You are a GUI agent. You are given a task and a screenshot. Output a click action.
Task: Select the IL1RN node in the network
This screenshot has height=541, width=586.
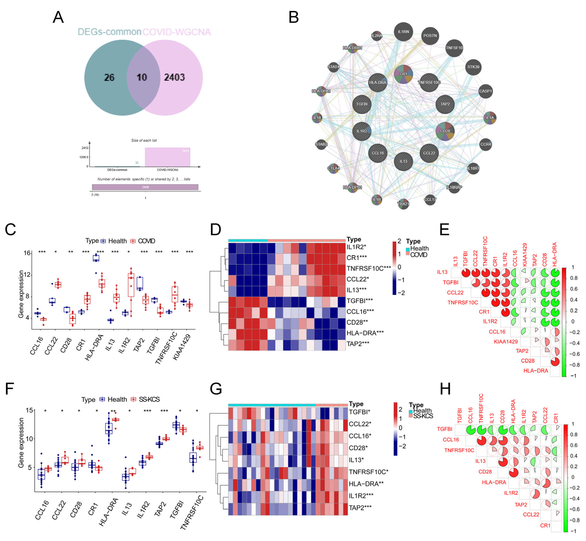pos(403,32)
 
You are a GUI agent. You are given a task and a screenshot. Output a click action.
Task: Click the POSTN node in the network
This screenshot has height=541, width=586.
pos(430,36)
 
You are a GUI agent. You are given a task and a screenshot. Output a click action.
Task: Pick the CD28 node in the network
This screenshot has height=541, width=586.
pos(445,131)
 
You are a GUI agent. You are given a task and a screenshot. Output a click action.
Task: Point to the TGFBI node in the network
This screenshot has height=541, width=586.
pos(362,104)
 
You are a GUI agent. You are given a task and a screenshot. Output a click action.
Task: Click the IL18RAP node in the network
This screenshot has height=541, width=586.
pos(454,187)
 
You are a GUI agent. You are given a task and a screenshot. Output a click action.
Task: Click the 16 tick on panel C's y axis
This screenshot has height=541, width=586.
pos(27,253)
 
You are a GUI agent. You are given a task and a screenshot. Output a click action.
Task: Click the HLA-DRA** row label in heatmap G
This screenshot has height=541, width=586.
pos(366,484)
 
